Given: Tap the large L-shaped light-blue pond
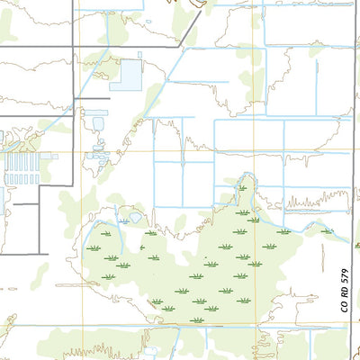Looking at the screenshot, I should click(x=129, y=76).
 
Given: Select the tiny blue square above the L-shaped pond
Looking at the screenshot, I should click(x=139, y=55).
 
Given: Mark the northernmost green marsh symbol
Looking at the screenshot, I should click(x=241, y=187).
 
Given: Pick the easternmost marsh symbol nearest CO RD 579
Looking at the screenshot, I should click(x=327, y=231).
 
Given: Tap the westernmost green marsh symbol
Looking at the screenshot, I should click(x=92, y=247).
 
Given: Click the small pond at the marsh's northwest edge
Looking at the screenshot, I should click(x=135, y=217).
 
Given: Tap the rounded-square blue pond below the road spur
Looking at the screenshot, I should click(x=97, y=124).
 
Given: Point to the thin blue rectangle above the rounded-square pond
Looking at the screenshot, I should click(x=95, y=112).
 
